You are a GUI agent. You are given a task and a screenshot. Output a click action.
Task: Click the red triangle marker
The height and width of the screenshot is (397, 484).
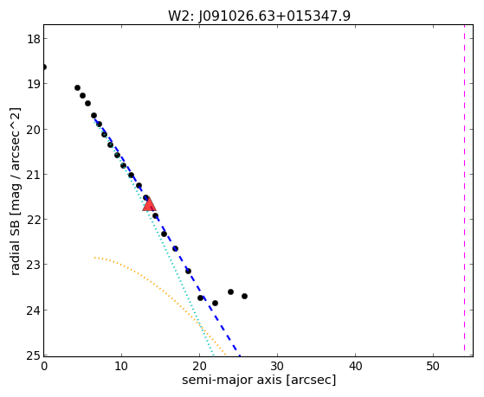point(149,204)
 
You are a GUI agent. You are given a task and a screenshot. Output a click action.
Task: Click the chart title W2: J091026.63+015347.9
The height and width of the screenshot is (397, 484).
point(259,16)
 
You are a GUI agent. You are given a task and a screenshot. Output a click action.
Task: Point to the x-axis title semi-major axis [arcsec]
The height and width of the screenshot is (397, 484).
point(259,380)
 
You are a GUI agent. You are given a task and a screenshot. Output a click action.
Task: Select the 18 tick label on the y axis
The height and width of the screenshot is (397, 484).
point(33,40)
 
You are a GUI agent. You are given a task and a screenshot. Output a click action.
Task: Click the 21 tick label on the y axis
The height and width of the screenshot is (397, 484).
point(33,175)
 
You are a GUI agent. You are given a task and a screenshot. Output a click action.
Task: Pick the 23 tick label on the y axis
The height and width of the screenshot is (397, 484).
point(33,265)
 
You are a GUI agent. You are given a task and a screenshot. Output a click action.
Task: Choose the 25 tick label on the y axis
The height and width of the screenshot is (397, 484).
point(33,355)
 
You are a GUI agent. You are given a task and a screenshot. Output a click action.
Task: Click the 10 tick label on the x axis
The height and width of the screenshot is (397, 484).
point(121,366)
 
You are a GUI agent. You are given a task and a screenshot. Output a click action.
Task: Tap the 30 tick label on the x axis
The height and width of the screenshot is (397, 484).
point(277,366)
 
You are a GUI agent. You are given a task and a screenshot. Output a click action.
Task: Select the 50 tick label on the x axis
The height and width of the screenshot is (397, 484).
point(433,366)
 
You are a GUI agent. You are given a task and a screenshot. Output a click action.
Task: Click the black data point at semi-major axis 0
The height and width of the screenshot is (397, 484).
point(44,67)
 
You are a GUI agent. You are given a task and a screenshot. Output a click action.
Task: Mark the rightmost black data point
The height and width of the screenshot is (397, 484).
point(244,296)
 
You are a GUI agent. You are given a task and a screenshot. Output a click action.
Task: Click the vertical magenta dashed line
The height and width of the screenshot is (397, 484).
point(464,190)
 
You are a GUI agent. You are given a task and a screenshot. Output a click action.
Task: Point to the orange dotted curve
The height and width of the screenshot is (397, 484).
point(160,291)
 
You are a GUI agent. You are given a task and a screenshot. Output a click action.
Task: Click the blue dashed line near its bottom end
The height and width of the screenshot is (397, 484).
point(237,351)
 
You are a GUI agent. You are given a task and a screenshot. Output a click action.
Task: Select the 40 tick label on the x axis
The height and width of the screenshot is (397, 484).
point(355,366)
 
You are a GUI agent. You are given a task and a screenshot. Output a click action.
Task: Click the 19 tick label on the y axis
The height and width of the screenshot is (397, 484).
point(33,84)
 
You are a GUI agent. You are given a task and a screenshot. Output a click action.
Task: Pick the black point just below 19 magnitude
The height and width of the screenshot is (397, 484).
point(77,88)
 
